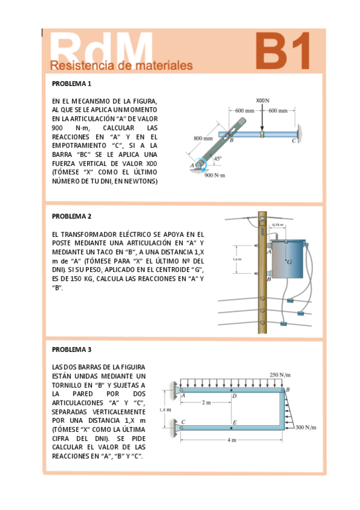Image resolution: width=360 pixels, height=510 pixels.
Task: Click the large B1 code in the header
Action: tap(283, 51)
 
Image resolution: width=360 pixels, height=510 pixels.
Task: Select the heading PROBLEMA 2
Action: tap(72, 216)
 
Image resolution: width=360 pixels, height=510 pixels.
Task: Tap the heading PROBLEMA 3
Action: tap(72, 349)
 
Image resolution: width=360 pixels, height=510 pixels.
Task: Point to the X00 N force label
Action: tap(262, 100)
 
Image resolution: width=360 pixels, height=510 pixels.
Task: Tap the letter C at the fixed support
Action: tap(294, 141)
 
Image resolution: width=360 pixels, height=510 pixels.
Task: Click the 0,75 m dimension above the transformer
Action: tap(278, 225)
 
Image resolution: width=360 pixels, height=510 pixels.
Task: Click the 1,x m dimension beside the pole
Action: tap(237, 259)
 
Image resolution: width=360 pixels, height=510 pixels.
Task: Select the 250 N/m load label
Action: tap(280, 375)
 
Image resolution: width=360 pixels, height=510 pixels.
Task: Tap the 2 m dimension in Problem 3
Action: tap(206, 401)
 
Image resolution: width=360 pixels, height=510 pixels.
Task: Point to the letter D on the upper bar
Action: tap(234, 396)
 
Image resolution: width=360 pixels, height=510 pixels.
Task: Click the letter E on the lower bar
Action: tap(234, 423)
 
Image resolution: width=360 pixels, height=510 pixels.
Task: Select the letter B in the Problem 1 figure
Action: tap(231, 141)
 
